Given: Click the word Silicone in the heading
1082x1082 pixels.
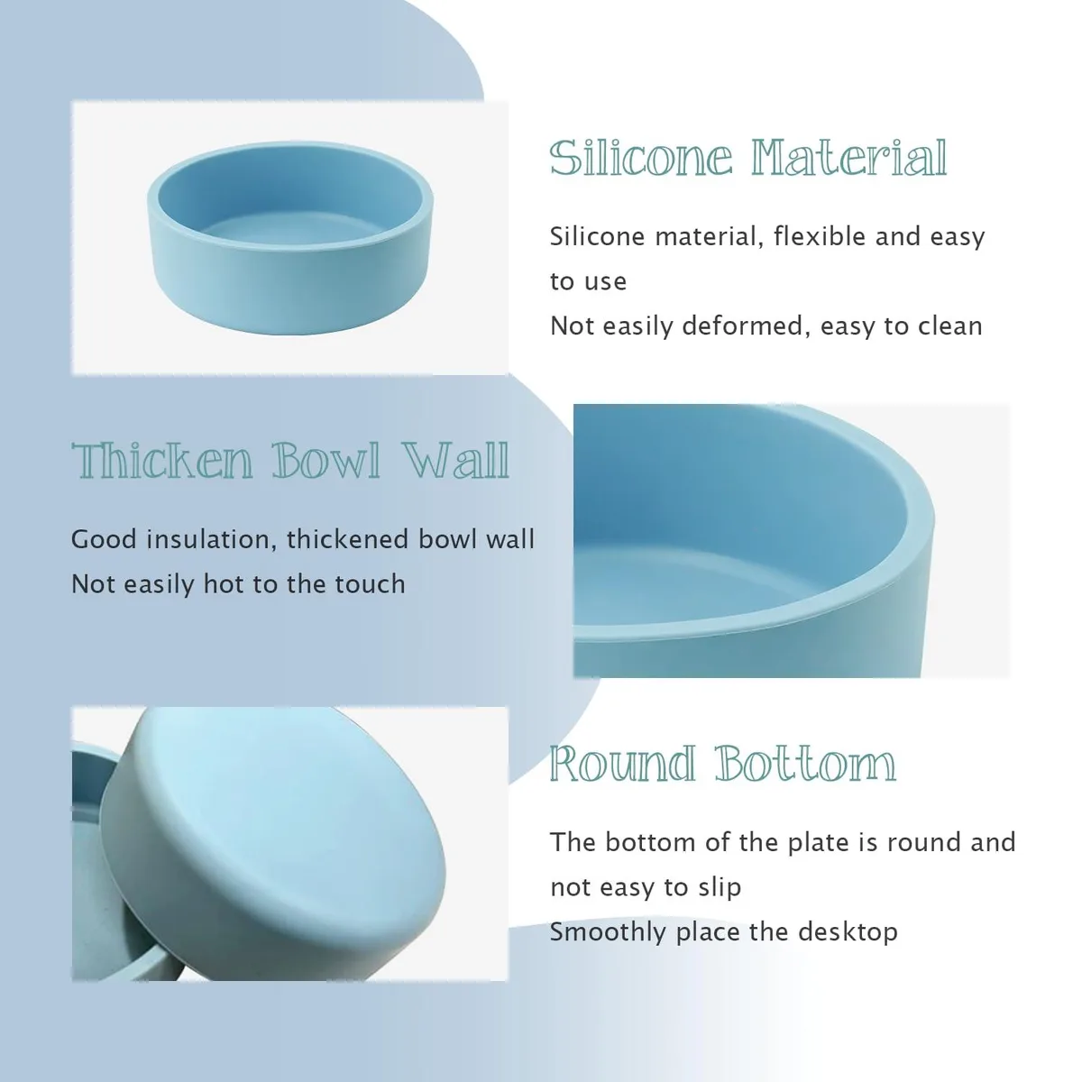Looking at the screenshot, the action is click(x=641, y=158).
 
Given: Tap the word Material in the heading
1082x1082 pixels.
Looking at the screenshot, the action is click(x=849, y=158).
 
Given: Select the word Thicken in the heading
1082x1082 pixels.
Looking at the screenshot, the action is click(x=162, y=461).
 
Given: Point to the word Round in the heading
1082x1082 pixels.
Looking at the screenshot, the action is click(x=623, y=764).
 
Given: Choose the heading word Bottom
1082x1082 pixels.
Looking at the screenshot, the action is click(x=806, y=764).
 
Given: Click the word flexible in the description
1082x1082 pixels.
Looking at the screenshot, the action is click(x=820, y=236).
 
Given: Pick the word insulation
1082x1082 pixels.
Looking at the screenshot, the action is click(x=211, y=539).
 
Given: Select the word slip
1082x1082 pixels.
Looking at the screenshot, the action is click(x=721, y=888).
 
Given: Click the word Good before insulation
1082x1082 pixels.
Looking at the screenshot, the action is click(x=104, y=539).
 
